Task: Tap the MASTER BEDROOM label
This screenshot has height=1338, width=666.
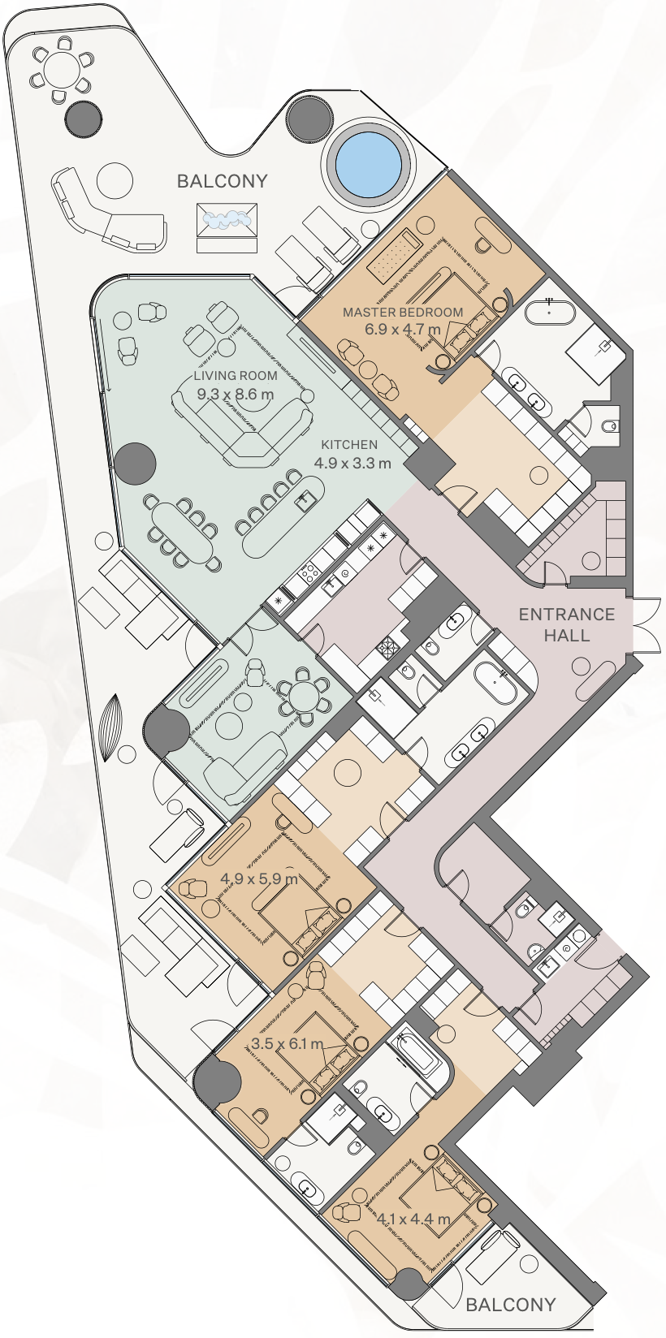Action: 403,312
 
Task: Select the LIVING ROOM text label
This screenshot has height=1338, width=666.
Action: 236,376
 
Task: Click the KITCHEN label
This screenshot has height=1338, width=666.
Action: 349,444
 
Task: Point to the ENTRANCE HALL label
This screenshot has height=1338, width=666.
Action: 566,624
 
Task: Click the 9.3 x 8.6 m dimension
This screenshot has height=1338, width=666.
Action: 236,394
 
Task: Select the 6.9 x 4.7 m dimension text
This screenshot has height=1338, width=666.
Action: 403,329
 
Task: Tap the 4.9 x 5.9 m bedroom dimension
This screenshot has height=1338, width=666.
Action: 258,878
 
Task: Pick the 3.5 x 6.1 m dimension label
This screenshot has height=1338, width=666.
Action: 288,1043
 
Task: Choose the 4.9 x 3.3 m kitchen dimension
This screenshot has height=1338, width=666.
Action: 352,462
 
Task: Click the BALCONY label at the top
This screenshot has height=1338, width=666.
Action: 223,181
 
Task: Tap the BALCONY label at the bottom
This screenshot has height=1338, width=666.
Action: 511,1305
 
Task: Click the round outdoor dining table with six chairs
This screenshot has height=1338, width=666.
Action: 63,69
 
